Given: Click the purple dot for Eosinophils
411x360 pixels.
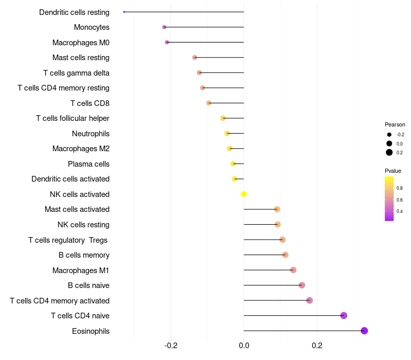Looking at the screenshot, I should pos(364,331).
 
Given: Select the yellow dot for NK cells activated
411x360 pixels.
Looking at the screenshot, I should pos(244,194).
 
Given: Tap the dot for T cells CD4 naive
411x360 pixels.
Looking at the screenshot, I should pos(344,316).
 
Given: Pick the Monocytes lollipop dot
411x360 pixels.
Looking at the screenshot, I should pos(164,27).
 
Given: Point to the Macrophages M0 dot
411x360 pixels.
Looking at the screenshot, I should pos(167,42).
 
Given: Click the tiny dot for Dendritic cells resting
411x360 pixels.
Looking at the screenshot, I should pos(124,12).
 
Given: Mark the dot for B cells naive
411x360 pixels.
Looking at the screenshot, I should pos(302,285).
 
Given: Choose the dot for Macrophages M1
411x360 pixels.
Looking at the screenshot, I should pos(293,270).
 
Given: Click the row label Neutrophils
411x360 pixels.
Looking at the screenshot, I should pos(90,134).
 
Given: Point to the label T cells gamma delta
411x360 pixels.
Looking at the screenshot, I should pos(76,73).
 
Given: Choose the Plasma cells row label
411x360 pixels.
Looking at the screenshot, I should pos(88,164).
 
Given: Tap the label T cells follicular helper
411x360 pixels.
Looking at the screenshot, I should pos(72,118).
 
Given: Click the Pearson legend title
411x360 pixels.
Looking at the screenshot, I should pos(395,124).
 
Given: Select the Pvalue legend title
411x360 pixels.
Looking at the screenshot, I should pos(393,171).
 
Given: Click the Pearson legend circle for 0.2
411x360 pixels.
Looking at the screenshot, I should pos(389,152).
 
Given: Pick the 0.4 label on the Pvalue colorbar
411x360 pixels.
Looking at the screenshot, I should pos(400,211).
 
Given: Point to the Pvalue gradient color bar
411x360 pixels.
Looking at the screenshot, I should pos(389,199).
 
